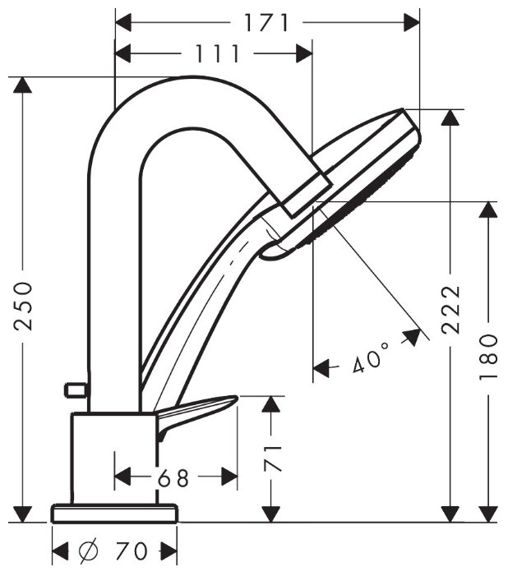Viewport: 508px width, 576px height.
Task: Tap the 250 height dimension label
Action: (x=24, y=305)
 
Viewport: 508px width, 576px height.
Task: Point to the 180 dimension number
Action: (x=489, y=357)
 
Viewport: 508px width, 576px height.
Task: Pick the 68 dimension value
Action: (x=173, y=477)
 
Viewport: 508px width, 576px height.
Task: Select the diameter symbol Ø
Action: (x=87, y=551)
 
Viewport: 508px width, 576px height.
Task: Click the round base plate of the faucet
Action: (x=114, y=514)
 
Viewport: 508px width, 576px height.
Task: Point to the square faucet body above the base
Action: (x=113, y=457)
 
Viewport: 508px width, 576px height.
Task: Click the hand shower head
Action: (x=362, y=177)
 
